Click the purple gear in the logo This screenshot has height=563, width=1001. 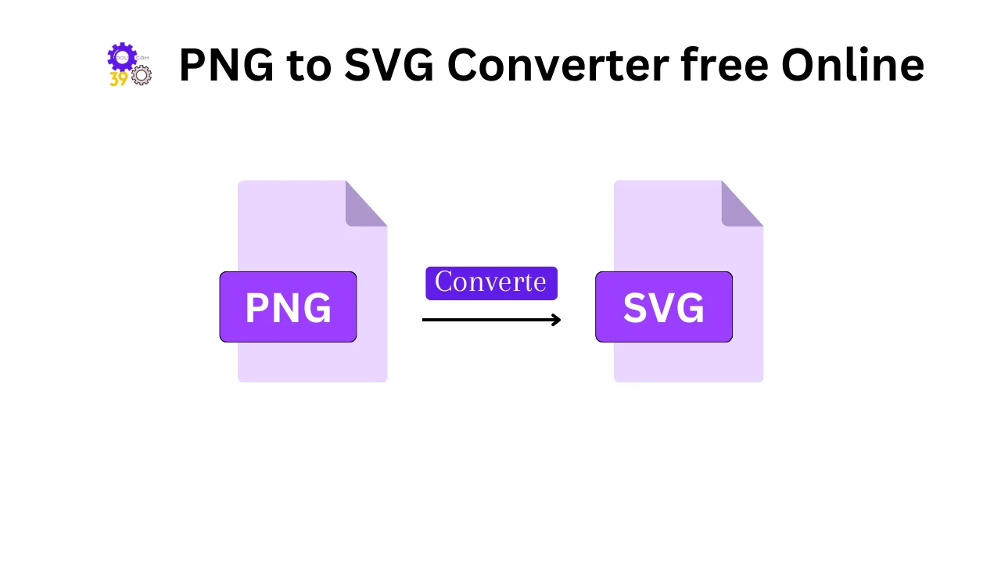click(121, 58)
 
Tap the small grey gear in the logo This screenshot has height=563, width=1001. click(142, 76)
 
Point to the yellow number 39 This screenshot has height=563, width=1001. click(118, 78)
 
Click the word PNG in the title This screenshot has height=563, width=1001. click(227, 65)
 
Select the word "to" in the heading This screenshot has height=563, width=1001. click(309, 65)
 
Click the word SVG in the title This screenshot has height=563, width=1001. click(389, 65)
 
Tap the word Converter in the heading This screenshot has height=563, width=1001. click(558, 65)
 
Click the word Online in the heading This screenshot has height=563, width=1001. click(852, 65)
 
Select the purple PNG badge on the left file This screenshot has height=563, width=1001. click(288, 307)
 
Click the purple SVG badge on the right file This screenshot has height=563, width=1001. click(664, 307)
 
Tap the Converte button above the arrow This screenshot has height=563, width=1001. click(491, 283)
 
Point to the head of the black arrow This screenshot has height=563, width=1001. click(556, 320)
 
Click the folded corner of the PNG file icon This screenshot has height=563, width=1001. click(364, 206)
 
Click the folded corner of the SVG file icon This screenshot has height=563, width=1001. click(741, 206)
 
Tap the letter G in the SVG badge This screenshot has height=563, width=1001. click(691, 308)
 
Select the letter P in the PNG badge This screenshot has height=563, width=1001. click(257, 308)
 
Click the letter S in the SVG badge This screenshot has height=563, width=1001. click(635, 308)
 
